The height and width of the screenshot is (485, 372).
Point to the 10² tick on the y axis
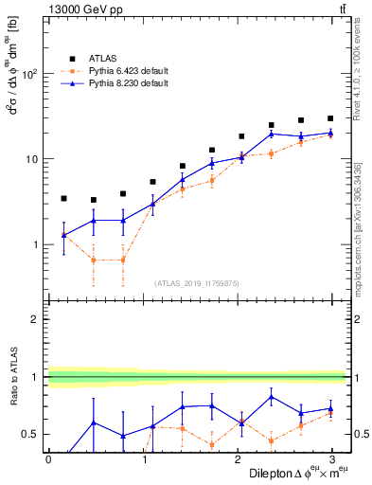[x=31, y=74]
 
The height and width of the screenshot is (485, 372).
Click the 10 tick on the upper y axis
[x=33, y=159]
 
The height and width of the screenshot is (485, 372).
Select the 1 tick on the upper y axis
[x=37, y=244]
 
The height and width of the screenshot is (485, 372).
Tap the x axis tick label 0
[x=48, y=458]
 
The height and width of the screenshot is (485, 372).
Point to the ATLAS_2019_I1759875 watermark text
[x=196, y=282]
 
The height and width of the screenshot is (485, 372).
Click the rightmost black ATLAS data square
[x=330, y=118]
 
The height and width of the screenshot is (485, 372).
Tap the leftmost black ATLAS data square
[x=63, y=199]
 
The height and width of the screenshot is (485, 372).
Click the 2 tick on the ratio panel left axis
[x=37, y=319]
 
